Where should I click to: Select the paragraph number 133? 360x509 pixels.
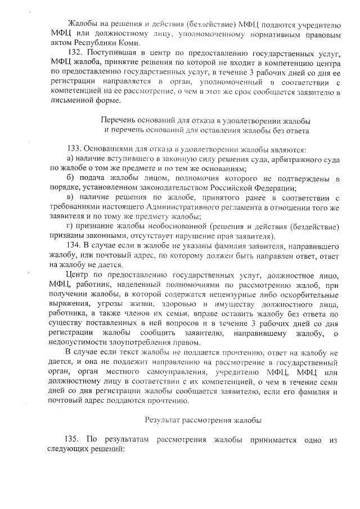(74, 149)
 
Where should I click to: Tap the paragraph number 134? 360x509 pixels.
(74, 245)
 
